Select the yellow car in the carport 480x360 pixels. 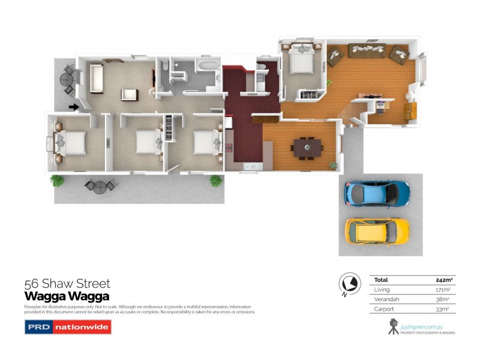377,229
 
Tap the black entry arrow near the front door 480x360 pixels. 74,107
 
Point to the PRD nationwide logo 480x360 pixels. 67,327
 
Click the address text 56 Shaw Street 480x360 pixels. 67,284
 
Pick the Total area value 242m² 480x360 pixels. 443,280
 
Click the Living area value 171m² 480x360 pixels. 443,289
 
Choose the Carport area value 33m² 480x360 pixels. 443,308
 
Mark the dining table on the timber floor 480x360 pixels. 306,146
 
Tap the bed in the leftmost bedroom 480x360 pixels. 71,143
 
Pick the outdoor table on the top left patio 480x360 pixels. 67,79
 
